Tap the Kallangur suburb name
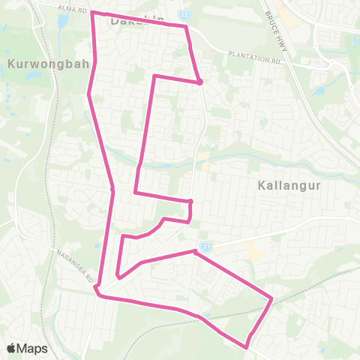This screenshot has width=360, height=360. pos(283,184)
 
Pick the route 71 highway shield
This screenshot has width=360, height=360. pos(204,245)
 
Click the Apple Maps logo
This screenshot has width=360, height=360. pos(27,348)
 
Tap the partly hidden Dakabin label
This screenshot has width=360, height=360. pos(135,21)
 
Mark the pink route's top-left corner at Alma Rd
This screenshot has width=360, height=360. pos(91,13)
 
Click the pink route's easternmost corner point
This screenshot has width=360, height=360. pos(271,300)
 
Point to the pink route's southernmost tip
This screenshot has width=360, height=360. pos(247,346)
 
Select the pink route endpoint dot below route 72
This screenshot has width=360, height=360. pos(200,82)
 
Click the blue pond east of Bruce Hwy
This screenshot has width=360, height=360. pos(320,91)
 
